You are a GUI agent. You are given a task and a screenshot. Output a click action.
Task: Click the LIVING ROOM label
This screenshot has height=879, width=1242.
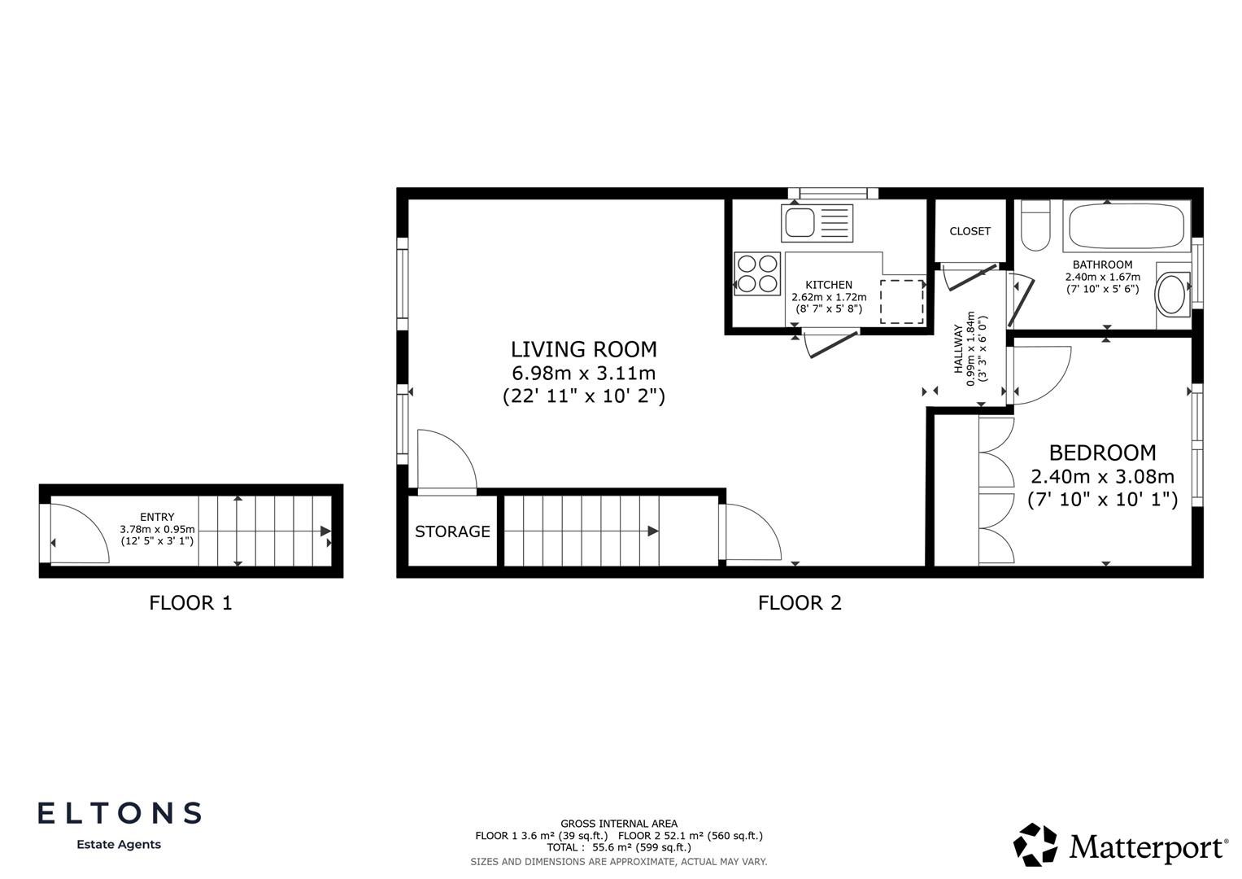tap(583, 349)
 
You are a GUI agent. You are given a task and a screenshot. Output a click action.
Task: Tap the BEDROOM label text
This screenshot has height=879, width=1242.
tap(1102, 453)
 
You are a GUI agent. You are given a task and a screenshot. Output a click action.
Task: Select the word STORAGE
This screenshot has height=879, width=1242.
tap(452, 531)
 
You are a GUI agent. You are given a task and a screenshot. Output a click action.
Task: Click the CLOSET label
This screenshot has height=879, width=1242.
tap(970, 231)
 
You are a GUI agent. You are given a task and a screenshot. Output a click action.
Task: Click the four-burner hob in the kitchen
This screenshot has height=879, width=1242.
tap(757, 273)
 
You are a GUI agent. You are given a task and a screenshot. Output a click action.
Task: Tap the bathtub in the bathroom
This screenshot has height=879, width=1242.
tap(1126, 226)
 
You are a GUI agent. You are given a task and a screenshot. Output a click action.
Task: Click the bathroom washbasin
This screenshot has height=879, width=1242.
tap(1172, 295)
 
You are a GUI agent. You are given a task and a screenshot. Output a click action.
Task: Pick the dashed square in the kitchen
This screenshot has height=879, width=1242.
tap(901, 301)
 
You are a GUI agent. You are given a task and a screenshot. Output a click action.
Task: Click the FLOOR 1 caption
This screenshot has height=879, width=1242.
tap(190, 603)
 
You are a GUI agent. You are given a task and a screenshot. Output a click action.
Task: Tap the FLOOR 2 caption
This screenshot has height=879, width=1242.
tap(800, 603)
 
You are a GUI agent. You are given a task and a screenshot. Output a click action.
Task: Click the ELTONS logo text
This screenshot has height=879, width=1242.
tap(120, 812)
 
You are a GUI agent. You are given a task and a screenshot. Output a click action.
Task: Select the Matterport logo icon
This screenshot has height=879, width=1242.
tap(1035, 844)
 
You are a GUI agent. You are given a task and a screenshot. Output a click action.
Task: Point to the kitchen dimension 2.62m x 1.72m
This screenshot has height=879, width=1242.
tap(829, 297)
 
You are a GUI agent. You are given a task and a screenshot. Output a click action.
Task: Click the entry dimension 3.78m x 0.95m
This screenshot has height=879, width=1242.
tap(157, 529)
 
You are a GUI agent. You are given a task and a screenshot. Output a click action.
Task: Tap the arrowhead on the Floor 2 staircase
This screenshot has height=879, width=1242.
tap(652, 531)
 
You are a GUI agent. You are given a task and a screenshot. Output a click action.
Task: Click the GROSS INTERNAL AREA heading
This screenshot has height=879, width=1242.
tap(618, 824)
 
